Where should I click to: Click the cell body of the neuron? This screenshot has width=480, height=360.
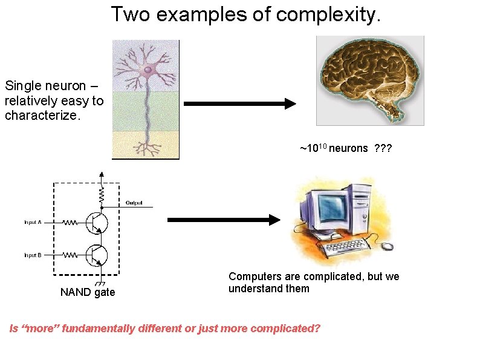(148, 71)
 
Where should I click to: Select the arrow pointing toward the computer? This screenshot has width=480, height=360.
(224, 220)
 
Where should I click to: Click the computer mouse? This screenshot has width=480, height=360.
(386, 246)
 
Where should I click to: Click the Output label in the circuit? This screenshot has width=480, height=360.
(134, 203)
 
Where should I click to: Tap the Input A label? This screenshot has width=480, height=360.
(33, 223)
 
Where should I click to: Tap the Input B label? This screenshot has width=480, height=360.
(33, 255)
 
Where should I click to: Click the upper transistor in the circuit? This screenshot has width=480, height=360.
(97, 223)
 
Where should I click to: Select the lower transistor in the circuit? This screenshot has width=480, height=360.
(97, 255)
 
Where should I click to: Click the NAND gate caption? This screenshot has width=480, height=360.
(88, 293)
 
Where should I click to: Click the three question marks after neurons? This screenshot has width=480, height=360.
(383, 149)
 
